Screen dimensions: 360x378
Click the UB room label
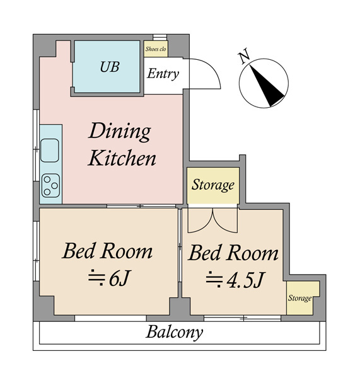pyautogui.click(x=110, y=67)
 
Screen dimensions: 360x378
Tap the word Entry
pyautogui.click(x=163, y=74)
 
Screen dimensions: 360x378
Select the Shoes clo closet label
pyautogui.click(x=156, y=49)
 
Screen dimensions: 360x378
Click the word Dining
pyautogui.click(x=120, y=132)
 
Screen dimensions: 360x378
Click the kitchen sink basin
pyautogui.click(x=49, y=151)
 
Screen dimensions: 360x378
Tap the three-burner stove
pyautogui.click(x=50, y=185)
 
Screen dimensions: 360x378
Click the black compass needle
pyautogui.click(x=267, y=86)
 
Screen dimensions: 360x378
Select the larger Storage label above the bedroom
pyautogui.click(x=213, y=185)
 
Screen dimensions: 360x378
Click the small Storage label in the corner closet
pyautogui.click(x=299, y=298)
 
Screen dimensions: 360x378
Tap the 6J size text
pyautogui.click(x=109, y=278)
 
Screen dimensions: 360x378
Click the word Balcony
pyautogui.click(x=174, y=333)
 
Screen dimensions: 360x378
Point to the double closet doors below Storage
pyautogui.click(x=213, y=220)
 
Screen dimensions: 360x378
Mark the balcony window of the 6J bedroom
pyautogui.click(x=110, y=318)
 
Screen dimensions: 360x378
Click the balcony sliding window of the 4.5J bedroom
pyautogui.click(x=243, y=318)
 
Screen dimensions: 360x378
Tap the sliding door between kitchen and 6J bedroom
pyautogui.click(x=141, y=206)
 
